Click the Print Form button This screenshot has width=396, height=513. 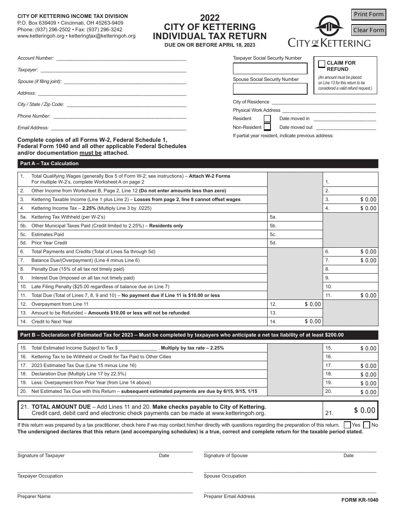pyautogui.click(x=368, y=15)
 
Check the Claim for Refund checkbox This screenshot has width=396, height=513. pyautogui.click(x=322, y=64)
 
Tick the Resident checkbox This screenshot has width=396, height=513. pyautogui.click(x=267, y=119)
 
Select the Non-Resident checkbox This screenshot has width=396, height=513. pyautogui.click(x=267, y=127)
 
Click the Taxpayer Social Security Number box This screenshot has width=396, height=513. pyautogui.click(x=270, y=68)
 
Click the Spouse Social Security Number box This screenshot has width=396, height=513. pyautogui.click(x=270, y=89)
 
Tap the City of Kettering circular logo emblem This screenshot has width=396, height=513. pyautogui.click(x=329, y=27)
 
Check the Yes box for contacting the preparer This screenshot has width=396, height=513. pyautogui.click(x=347, y=425)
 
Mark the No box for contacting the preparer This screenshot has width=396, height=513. pyautogui.click(x=367, y=425)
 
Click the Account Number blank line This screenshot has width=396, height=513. pyautogui.click(x=121, y=59)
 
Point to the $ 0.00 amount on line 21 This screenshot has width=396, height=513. pyautogui.click(x=365, y=410)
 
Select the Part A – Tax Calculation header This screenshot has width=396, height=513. pyautogui.click(x=49, y=163)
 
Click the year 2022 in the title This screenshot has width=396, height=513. pyautogui.click(x=210, y=18)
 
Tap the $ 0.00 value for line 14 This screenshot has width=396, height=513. pyautogui.click(x=313, y=322)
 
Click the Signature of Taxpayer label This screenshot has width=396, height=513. pyautogui.click(x=41, y=455)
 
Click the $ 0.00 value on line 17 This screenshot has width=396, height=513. pyautogui.click(x=368, y=366)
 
